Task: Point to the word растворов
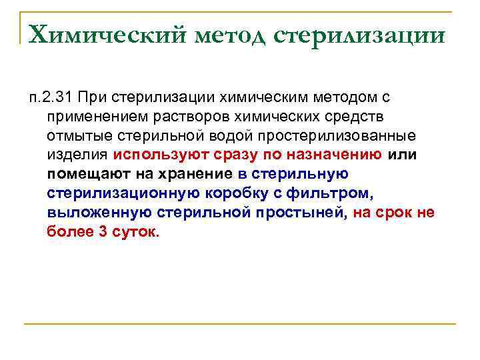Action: [x=196, y=117]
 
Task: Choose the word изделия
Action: [x=77, y=155]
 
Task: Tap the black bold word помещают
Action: [x=83, y=175]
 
